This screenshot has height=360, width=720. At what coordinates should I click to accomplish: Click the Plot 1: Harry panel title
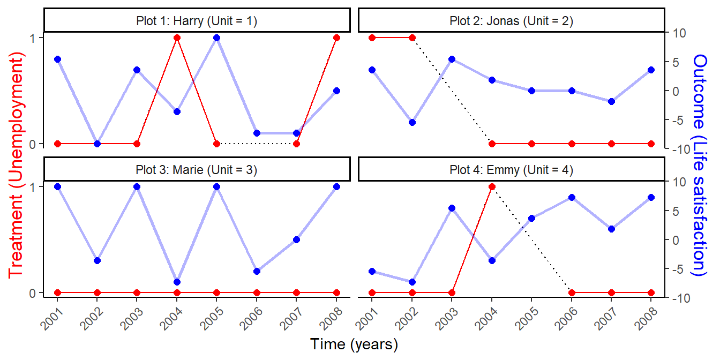point(197,21)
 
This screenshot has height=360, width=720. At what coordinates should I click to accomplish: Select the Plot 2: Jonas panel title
point(511,21)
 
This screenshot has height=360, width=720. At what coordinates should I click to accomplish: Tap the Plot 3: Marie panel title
point(197,170)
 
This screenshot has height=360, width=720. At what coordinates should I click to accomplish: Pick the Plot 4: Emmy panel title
point(511,170)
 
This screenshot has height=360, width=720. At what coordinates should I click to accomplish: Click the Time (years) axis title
point(354,344)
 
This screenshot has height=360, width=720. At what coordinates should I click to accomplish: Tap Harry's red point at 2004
point(177,37)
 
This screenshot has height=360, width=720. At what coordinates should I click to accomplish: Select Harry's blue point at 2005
point(216,37)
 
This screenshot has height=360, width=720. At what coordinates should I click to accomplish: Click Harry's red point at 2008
point(336,37)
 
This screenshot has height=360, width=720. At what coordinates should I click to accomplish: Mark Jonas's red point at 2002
point(412,37)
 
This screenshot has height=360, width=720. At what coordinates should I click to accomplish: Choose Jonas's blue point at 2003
point(452,59)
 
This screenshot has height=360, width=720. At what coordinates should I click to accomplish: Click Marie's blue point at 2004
point(177,282)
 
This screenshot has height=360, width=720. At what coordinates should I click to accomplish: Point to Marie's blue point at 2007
point(296,239)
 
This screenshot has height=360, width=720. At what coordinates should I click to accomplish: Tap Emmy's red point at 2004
point(492,186)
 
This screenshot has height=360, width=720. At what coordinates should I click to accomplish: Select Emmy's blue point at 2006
point(572,197)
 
